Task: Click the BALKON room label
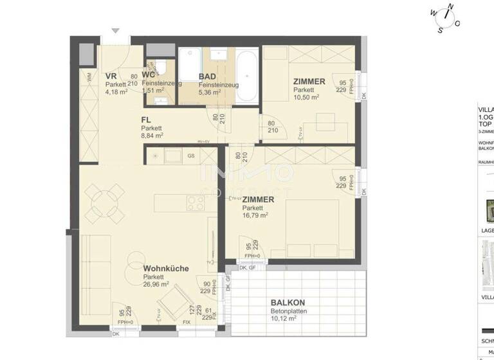288,302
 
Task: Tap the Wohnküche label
166,269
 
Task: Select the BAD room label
207,76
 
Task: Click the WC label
149,75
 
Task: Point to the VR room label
111,76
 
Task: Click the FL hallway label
147,120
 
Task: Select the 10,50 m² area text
306,98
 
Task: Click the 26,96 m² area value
156,284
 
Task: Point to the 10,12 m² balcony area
283,318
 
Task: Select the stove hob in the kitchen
195,203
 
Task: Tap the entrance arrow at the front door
115,30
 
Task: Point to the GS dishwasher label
191,156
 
